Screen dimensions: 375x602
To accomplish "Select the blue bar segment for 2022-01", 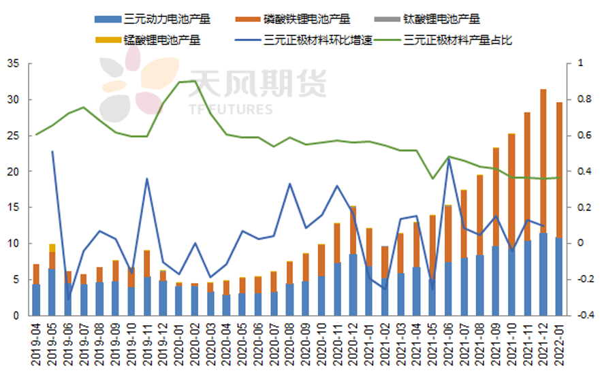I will (559, 276).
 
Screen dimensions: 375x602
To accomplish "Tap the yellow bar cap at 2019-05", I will (52, 248).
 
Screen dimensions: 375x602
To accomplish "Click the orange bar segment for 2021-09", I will (496, 197).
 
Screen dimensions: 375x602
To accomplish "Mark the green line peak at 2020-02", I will (195, 81).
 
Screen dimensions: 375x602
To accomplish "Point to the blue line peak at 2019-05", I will (52, 152).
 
